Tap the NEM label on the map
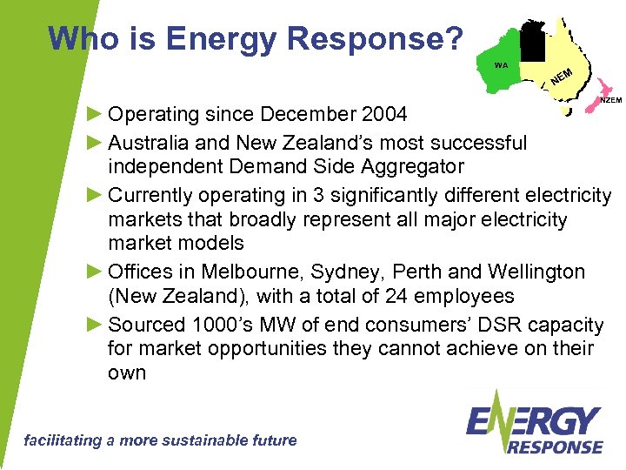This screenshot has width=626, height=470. point(562,77)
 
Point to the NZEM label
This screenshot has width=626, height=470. point(611,100)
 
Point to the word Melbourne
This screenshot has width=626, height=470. point(243,272)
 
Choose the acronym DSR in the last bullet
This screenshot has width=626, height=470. point(497,325)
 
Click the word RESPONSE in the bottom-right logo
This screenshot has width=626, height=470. point(555,446)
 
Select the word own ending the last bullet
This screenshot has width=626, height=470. point(127,373)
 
